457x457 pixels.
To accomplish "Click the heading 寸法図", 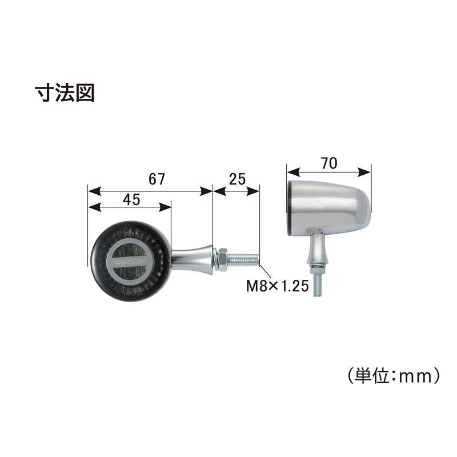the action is click(x=65, y=93).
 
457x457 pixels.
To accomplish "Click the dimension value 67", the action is click(x=157, y=179).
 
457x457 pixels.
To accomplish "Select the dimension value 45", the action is click(x=131, y=199).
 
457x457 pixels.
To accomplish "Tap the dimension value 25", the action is click(x=237, y=179).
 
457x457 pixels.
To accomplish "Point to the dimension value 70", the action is click(x=329, y=163).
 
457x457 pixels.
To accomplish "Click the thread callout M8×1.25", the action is click(x=278, y=286).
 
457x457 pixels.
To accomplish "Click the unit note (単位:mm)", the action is click(x=394, y=376).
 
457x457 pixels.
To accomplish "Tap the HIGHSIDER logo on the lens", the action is click(x=130, y=262).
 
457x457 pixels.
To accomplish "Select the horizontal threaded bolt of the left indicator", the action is click(x=243, y=260).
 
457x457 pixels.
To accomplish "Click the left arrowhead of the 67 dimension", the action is click(x=94, y=191).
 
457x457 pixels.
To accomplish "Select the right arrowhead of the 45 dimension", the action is click(x=165, y=207).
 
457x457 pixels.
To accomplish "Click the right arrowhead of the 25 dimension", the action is click(x=253, y=191).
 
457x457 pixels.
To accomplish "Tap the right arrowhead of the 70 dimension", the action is click(x=364, y=172).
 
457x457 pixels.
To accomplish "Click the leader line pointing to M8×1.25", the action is click(x=265, y=271).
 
